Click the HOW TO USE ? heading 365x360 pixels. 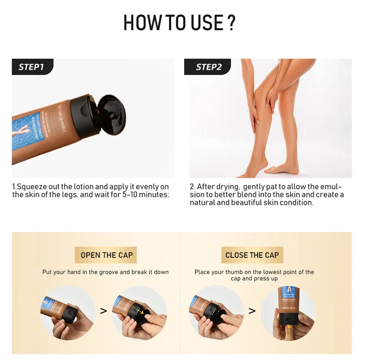pyautogui.click(x=179, y=23)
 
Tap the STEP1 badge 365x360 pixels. pyautogui.click(x=32, y=67)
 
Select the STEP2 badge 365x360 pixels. pyautogui.click(x=209, y=67)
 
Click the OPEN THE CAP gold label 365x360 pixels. pyautogui.click(x=106, y=255)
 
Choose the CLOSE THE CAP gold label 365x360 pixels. pyautogui.click(x=252, y=255)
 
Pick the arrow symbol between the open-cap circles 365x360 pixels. pyautogui.click(x=103, y=311)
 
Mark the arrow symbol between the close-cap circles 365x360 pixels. pyautogui.click(x=252, y=311)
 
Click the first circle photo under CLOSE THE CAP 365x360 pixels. pyautogui.click(x=216, y=312)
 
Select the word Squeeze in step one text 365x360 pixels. pyautogui.click(x=30, y=187)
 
